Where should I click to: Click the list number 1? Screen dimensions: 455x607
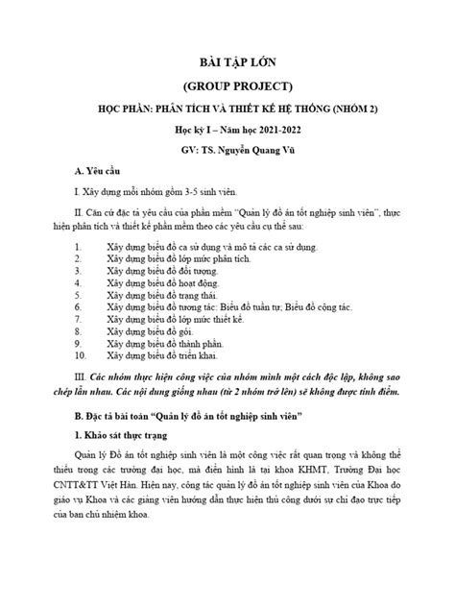click(x=78, y=247)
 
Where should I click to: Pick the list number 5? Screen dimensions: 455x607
click(x=78, y=297)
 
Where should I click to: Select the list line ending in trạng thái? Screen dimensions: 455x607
click(x=165, y=297)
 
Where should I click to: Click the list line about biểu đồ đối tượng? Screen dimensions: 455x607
click(x=165, y=272)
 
